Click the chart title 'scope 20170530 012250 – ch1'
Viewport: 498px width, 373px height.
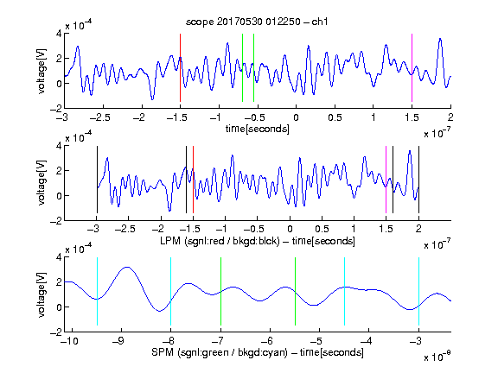[x=257, y=22]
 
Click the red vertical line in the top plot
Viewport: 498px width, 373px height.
[x=180, y=67]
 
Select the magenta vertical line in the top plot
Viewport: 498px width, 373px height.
[x=412, y=67]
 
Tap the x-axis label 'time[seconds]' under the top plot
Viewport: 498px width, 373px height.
[x=258, y=129]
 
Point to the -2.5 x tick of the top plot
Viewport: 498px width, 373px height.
[x=100, y=117]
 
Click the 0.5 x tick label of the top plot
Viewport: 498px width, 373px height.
[x=335, y=117]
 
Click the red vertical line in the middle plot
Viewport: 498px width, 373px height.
[x=193, y=180]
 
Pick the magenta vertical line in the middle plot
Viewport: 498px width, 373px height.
[x=386, y=180]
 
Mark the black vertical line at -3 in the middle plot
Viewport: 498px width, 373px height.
[x=97, y=180]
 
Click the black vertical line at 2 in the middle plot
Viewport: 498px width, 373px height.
[x=419, y=180]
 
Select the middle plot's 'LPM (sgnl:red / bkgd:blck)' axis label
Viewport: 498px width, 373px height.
[x=220, y=241]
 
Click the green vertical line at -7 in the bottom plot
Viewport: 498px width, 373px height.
[x=220, y=291]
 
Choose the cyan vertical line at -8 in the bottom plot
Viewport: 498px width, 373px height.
[x=170, y=291]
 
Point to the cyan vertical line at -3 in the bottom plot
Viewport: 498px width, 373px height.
[x=419, y=291]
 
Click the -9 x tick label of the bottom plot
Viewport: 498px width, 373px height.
[x=118, y=341]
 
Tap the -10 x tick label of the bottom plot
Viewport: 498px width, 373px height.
[x=72, y=341]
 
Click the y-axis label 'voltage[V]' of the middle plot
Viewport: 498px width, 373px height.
[x=41, y=183]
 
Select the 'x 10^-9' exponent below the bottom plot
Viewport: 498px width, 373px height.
[x=437, y=357]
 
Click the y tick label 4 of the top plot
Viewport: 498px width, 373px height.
[x=59, y=34]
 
